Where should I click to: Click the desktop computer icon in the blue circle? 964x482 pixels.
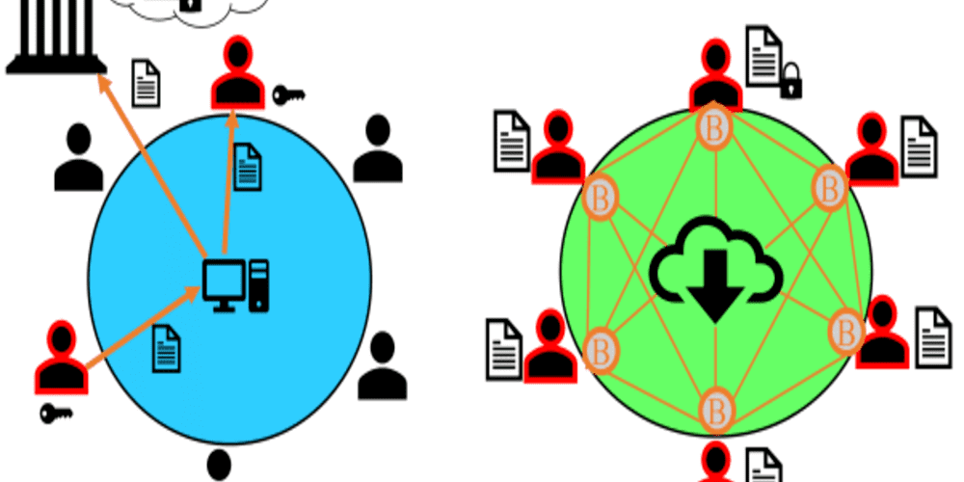[235, 285]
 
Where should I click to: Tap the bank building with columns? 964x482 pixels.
[55, 39]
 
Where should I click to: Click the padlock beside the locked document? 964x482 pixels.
[791, 83]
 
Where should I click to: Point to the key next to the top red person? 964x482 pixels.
[288, 94]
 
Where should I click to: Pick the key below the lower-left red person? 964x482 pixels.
[57, 414]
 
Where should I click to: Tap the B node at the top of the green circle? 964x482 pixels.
[714, 126]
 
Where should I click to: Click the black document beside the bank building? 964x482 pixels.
[146, 83]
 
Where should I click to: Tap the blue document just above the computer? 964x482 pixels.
[248, 166]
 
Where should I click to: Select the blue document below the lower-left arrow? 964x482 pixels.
[167, 348]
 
